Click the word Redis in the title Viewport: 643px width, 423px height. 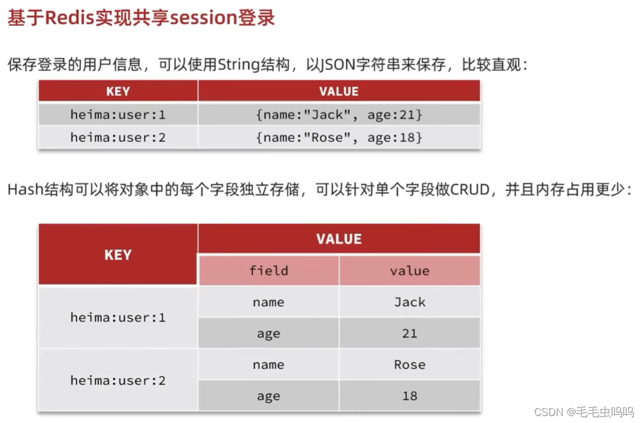pyautogui.click(x=78, y=17)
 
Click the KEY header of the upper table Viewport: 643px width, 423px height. pyautogui.click(x=118, y=91)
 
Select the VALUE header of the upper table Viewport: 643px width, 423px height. pyautogui.click(x=339, y=91)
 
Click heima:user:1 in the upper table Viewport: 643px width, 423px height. pyautogui.click(x=118, y=115)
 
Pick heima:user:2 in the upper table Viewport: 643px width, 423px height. pyautogui.click(x=118, y=137)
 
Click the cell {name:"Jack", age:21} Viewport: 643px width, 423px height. pyautogui.click(x=339, y=115)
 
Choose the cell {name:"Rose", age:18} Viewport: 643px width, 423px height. pyautogui.click(x=339, y=137)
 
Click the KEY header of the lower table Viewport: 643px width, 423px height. pyautogui.click(x=118, y=255)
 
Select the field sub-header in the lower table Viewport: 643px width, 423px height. pyautogui.click(x=268, y=271)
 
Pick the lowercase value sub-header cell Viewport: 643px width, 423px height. pyautogui.click(x=410, y=271)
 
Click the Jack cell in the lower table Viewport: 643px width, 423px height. pyautogui.click(x=410, y=302)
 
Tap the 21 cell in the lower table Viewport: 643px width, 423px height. pyautogui.click(x=410, y=333)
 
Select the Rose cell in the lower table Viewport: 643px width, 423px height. pyautogui.click(x=410, y=365)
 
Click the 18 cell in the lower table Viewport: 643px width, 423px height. pyautogui.click(x=410, y=396)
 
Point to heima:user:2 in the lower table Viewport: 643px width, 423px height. pyautogui.click(x=118, y=381)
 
